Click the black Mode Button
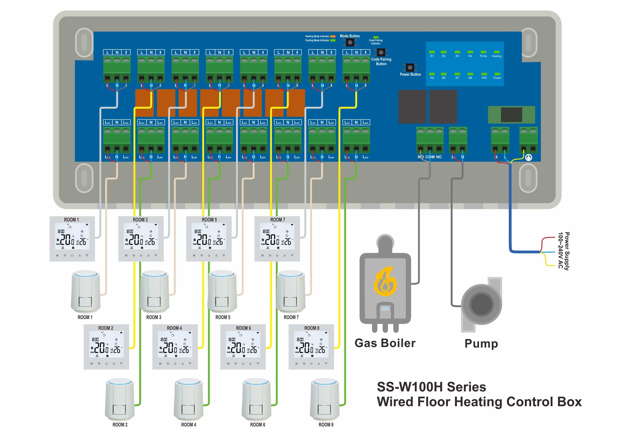(x=350, y=42)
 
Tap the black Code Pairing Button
(x=381, y=53)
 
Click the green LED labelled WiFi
(x=484, y=74)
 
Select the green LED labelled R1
(x=432, y=52)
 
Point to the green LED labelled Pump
(x=483, y=52)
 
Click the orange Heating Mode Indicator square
(x=333, y=36)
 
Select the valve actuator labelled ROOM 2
(x=120, y=400)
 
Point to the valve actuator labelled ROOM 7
(x=291, y=292)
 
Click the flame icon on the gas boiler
(x=385, y=281)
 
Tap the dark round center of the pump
(x=481, y=304)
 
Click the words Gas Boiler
(x=385, y=343)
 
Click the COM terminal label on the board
(x=430, y=157)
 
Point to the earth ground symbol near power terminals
(x=529, y=157)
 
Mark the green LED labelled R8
(x=470, y=74)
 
